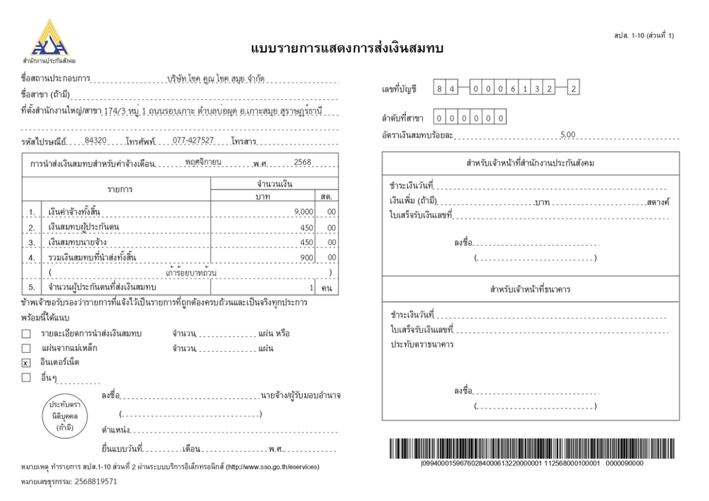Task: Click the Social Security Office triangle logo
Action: pos(49,38)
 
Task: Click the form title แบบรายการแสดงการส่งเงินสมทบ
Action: pos(347,48)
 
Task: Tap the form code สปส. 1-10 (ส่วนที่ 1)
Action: pos(643,35)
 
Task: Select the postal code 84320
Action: pos(95,140)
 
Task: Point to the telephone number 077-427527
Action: pos(193,140)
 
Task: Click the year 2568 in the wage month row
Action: pos(302,162)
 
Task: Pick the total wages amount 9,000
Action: pos(304,212)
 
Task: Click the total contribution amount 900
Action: pos(307,258)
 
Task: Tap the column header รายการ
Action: pos(120,189)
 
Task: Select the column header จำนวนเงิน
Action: pos(274,184)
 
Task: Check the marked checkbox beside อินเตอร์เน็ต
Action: pos(26,363)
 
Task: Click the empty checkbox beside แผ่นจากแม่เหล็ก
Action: pos(26,348)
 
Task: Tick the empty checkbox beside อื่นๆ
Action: pos(26,377)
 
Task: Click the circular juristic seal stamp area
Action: pos(65,416)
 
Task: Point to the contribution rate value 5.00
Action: pos(568,135)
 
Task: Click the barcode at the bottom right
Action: pos(532,448)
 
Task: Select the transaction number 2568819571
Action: pos(95,481)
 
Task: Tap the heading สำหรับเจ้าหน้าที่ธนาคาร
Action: pos(530,289)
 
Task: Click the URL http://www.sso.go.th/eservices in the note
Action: pos(271,467)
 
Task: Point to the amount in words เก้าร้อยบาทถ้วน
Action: pos(191,273)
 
